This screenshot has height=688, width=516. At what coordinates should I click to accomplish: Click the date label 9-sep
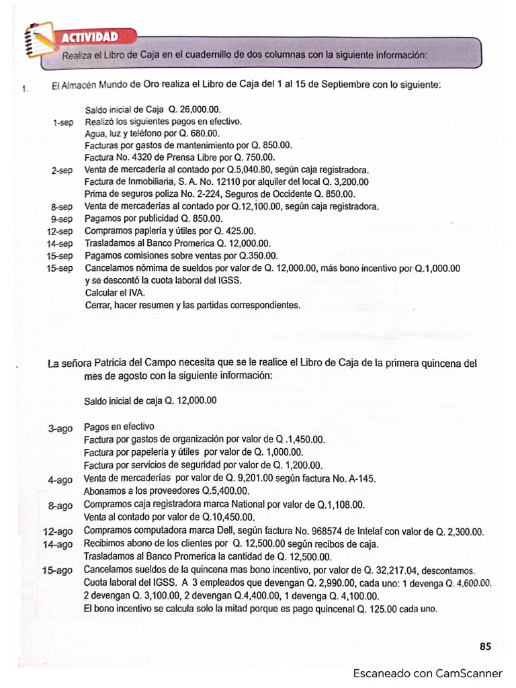(62, 219)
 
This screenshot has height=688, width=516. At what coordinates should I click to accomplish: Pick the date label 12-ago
(58, 532)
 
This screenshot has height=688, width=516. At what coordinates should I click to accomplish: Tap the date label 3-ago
(60, 427)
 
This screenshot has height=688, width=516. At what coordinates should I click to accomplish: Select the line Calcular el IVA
(114, 292)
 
